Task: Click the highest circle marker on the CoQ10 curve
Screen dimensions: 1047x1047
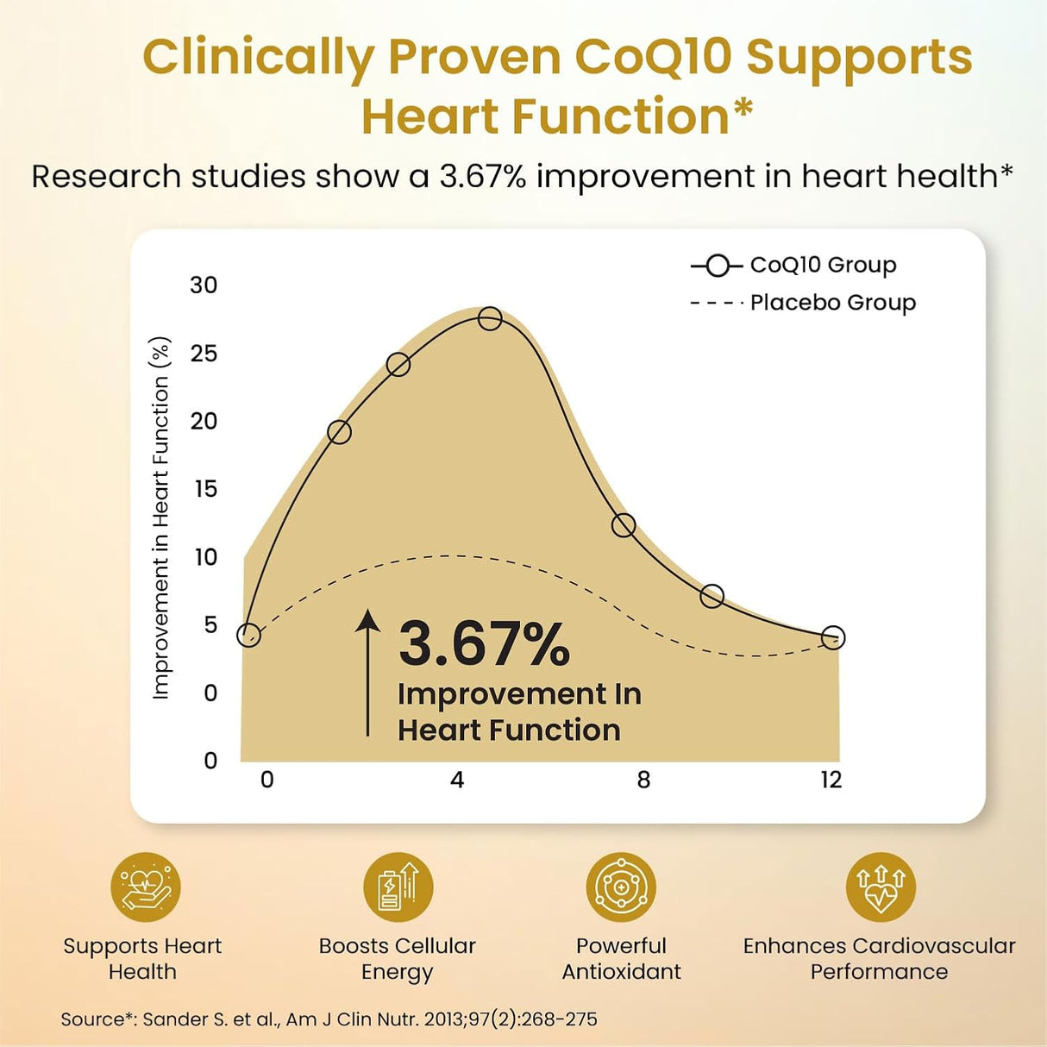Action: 490,318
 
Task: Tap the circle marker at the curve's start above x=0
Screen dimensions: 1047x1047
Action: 248,635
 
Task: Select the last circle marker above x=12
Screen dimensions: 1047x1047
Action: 833,637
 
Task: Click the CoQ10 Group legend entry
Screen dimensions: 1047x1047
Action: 793,266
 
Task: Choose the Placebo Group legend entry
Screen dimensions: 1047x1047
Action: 803,303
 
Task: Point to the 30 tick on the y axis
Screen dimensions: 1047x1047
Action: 204,285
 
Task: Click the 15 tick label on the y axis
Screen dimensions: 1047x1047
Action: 206,489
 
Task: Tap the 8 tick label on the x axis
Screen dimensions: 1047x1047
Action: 643,781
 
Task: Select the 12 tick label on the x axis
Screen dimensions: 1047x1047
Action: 831,781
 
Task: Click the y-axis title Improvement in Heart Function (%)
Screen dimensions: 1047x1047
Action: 161,518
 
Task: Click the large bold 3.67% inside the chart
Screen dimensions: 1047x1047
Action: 484,645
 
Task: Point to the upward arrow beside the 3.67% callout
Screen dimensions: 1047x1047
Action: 368,673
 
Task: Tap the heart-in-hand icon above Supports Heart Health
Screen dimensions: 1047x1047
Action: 145,887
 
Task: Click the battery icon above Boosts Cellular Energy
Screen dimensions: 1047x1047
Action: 398,887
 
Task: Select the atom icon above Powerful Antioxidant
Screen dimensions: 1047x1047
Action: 621,887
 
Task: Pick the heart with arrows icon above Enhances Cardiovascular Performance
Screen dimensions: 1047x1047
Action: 881,887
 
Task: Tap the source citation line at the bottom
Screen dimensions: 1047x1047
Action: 329,1019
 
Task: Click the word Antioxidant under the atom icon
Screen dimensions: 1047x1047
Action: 621,971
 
